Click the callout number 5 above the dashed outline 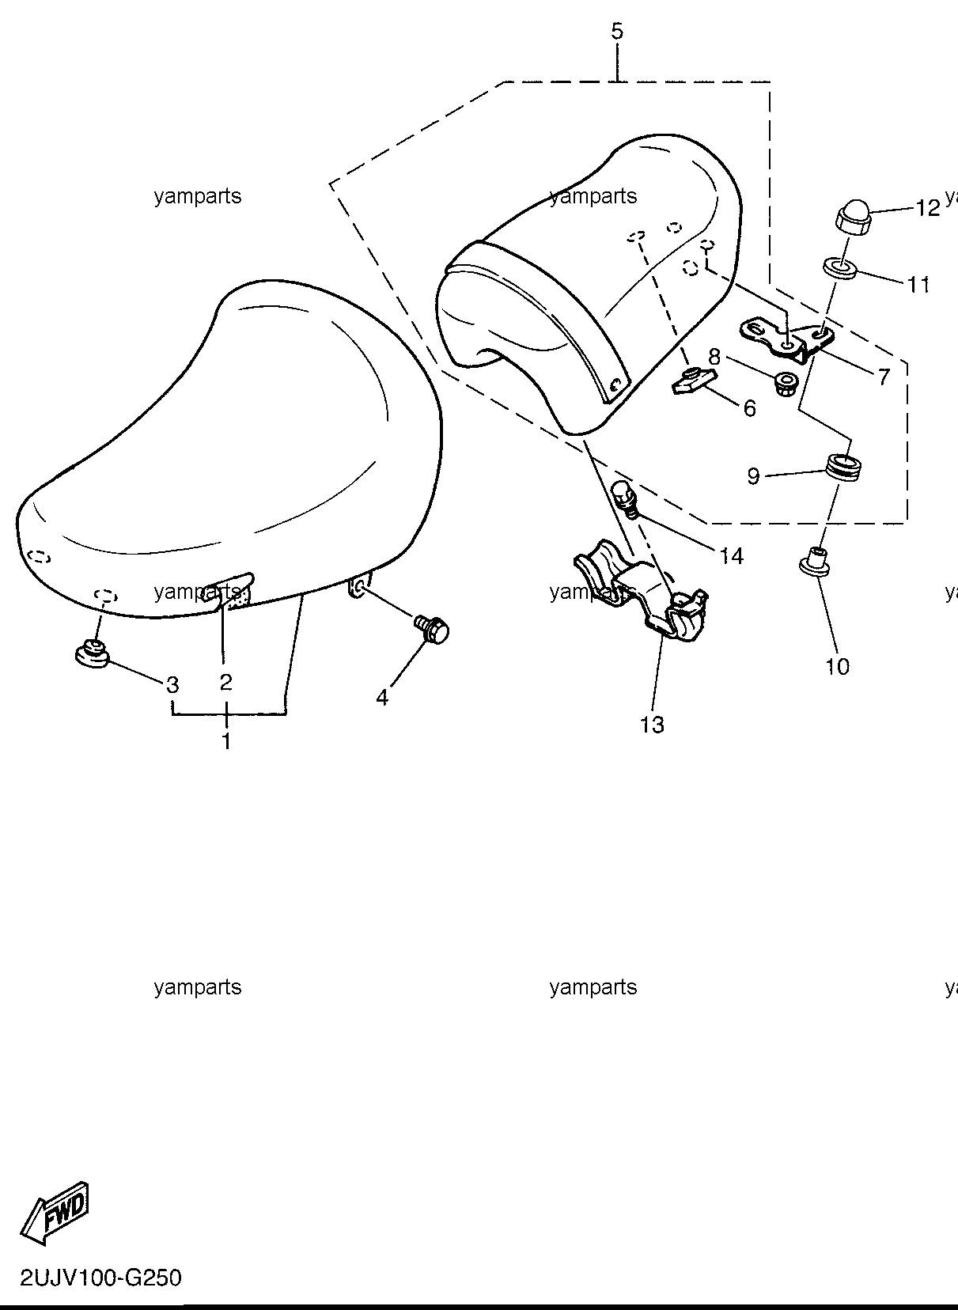[617, 31]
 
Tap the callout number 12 [927, 208]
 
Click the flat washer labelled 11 [840, 268]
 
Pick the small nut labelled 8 [784, 384]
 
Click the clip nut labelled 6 [692, 381]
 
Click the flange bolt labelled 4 [432, 627]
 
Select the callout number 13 [652, 725]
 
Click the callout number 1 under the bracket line [225, 741]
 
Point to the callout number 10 [837, 666]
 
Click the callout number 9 [753, 476]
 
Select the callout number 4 [382, 696]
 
